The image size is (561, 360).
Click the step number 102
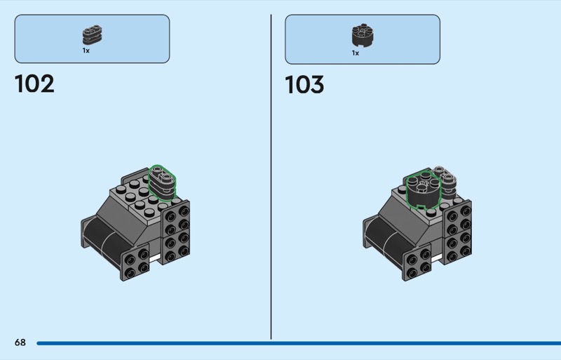pyautogui.click(x=34, y=84)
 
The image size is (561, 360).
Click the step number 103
pyautogui.click(x=304, y=85)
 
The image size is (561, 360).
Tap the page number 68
pyautogui.click(x=20, y=342)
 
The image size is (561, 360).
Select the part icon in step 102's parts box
pyautogui.click(x=93, y=35)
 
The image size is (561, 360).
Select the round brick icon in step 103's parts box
pyautogui.click(x=363, y=36)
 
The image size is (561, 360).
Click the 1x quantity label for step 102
pyautogui.click(x=86, y=51)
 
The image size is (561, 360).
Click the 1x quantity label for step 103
pyautogui.click(x=356, y=53)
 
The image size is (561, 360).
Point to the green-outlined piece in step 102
pyautogui.click(x=162, y=182)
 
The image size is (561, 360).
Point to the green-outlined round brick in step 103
pyautogui.click(x=424, y=191)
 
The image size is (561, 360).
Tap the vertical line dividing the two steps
pyautogui.click(x=271, y=177)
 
